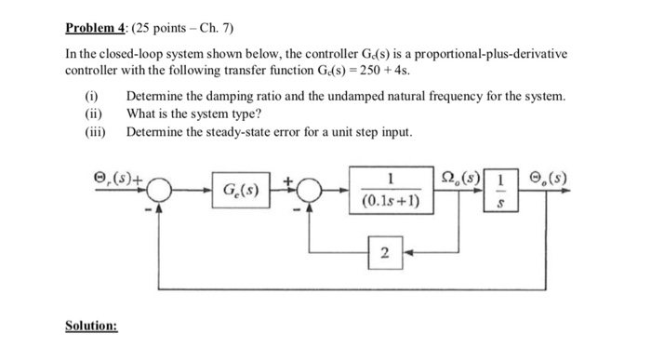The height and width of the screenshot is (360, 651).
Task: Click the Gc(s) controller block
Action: pos(241,191)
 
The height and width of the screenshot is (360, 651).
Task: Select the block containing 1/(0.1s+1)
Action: pos(392,189)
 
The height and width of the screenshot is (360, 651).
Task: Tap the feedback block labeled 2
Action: pos(386,252)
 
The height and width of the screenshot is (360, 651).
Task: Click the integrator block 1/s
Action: pos(501,190)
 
